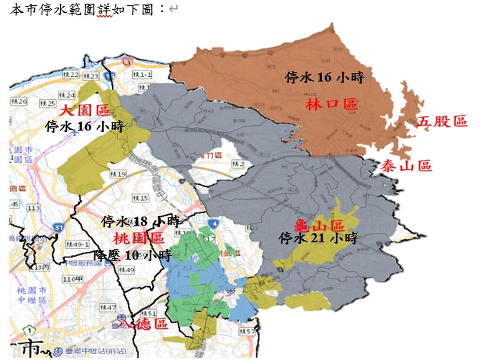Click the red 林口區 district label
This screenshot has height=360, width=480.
click(331, 105)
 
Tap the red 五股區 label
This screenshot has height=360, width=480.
click(442, 122)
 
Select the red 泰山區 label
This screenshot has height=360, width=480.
click(406, 165)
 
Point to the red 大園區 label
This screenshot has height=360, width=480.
click(85, 110)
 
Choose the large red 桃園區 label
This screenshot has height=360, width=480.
click(138, 238)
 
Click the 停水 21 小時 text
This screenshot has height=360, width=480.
click(318, 239)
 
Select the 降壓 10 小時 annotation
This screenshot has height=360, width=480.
click(133, 254)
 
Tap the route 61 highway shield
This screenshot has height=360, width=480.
click(128, 62)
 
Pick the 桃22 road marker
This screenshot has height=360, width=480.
click(72, 74)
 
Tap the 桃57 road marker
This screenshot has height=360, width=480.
click(246, 331)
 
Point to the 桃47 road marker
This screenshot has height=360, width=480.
click(108, 307)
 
